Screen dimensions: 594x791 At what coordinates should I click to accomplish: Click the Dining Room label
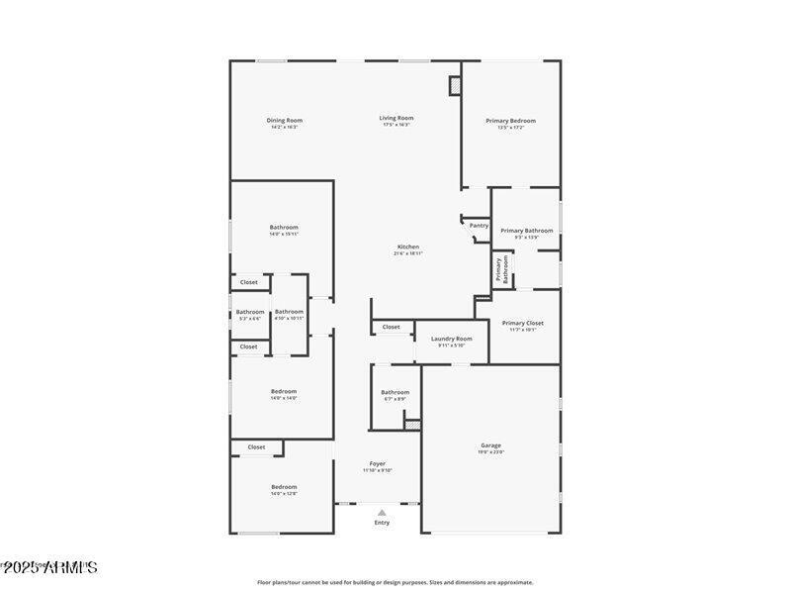click(x=284, y=121)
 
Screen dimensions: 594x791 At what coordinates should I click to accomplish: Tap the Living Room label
click(x=395, y=119)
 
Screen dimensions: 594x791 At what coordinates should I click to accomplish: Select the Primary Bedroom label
click(x=510, y=121)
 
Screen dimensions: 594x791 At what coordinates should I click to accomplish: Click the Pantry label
click(x=479, y=226)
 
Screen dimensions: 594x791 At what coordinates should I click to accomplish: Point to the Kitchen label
click(x=408, y=247)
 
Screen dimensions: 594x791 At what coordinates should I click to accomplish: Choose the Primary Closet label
click(x=522, y=324)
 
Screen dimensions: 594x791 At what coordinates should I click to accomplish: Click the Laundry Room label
click(x=451, y=340)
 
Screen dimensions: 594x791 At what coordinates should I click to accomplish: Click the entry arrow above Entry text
click(x=382, y=512)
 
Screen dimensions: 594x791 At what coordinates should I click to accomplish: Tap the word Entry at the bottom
click(x=382, y=523)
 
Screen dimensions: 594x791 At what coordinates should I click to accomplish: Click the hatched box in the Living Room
click(x=455, y=86)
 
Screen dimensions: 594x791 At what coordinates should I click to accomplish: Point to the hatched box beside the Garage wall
click(x=413, y=425)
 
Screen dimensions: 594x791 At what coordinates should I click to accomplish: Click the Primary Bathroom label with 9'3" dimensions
click(x=526, y=232)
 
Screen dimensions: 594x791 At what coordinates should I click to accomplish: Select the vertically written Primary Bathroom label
click(x=501, y=270)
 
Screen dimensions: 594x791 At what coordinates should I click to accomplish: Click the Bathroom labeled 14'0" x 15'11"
click(x=284, y=228)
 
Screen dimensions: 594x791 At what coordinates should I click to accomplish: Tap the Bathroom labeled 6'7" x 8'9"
click(x=395, y=393)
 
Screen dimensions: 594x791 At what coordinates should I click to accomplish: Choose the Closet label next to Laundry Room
click(x=392, y=327)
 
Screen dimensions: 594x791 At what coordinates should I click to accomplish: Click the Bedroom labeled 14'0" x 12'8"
click(x=284, y=488)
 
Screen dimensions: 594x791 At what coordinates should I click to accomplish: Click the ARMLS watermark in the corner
click(x=49, y=568)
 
